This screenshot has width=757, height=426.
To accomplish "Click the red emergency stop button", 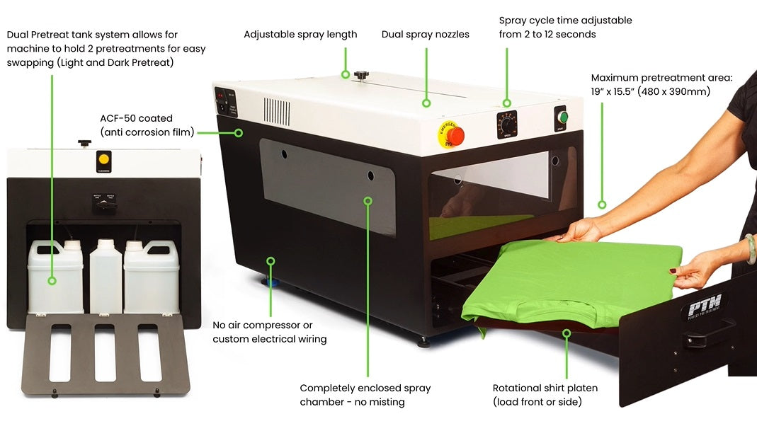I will click(x=455, y=134).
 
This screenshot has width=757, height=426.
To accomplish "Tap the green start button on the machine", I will click(x=563, y=116).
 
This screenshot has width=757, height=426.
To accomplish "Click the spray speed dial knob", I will click(x=506, y=120).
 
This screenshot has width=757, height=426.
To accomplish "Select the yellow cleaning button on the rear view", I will click(x=104, y=159).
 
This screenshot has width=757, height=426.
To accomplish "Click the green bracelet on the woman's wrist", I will click(x=750, y=249).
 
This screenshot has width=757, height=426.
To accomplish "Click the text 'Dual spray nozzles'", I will click(x=425, y=34).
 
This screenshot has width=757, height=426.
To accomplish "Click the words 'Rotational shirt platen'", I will click(x=545, y=388).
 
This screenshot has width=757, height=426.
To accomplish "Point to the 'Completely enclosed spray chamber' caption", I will click(x=365, y=395).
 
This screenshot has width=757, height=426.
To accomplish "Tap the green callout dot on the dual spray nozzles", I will click(x=426, y=103).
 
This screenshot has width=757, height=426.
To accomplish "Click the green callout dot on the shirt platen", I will click(x=566, y=333).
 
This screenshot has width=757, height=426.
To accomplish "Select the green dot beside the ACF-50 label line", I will click(x=239, y=132).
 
